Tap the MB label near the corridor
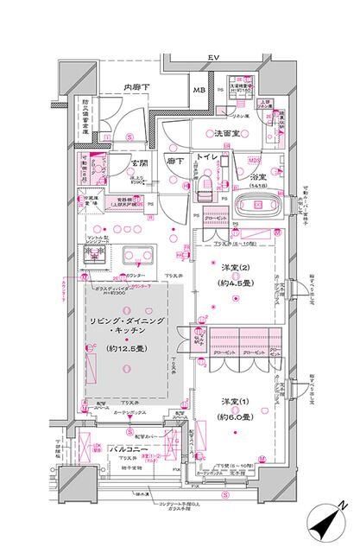[198, 90]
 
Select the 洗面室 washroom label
[228, 135]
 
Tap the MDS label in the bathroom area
[255, 159]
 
